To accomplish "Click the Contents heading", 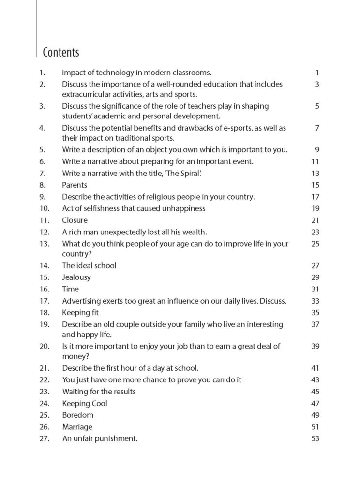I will tap(61, 52).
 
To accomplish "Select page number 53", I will tap(315, 439).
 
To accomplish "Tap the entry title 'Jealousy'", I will tap(76, 277).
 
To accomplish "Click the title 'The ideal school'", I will tap(89, 265).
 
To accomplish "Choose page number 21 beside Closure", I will tap(315, 220).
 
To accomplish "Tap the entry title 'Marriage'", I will tap(77, 427).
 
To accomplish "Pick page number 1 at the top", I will tap(317, 73).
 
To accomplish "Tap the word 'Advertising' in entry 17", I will tap(81, 301).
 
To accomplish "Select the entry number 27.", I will tap(45, 439).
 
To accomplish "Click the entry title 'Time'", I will tap(70, 289).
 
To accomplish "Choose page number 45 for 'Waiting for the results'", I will tap(315, 392).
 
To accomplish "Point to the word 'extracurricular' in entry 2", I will tap(88, 94).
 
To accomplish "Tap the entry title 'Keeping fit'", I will tap(80, 313).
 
